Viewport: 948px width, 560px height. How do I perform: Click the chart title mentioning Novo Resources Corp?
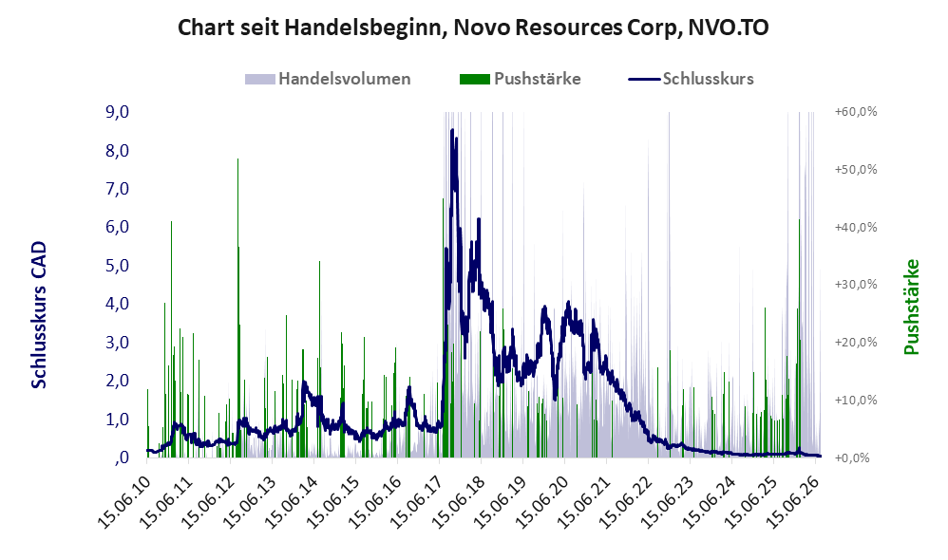click(473, 28)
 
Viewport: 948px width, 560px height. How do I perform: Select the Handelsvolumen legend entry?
click(328, 79)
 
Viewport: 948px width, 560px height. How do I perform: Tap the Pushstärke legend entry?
click(520, 79)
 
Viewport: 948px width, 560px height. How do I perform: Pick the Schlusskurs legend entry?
click(691, 79)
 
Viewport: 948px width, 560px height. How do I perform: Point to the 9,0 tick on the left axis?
click(117, 112)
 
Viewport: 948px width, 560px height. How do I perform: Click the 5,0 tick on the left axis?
click(117, 265)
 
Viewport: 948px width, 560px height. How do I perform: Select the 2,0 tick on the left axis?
click(117, 381)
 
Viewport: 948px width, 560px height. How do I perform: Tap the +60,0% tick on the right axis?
click(856, 112)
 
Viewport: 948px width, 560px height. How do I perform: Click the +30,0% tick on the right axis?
click(856, 285)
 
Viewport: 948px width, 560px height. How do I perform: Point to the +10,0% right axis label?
click(856, 400)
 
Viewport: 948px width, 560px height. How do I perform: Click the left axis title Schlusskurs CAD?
click(39, 315)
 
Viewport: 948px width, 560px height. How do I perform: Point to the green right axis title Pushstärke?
click(911, 307)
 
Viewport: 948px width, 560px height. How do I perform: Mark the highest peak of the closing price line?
click(451, 130)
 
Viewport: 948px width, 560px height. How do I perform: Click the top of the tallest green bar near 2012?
click(237, 159)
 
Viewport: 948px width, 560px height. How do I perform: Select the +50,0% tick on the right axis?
click(856, 169)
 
